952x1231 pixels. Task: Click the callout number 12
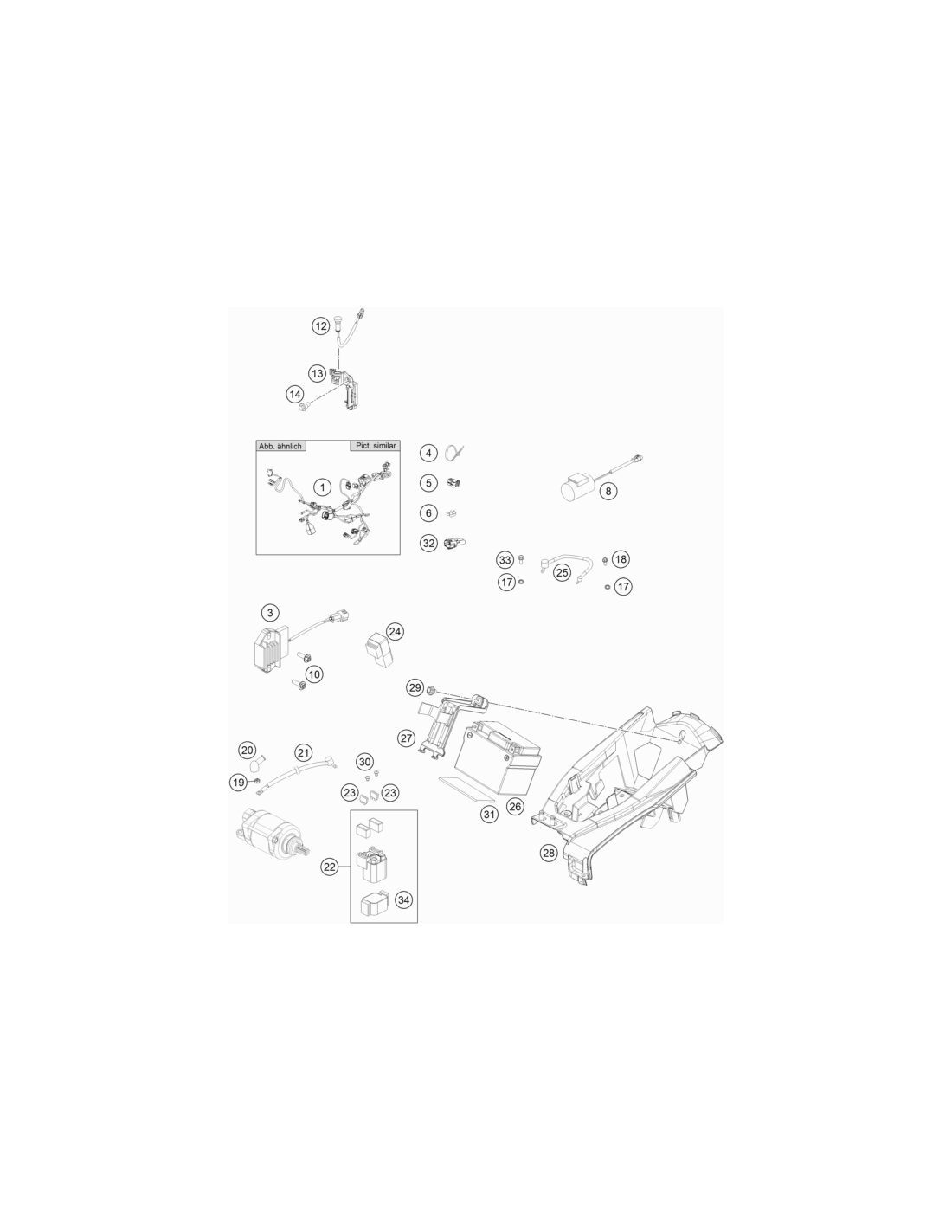click(x=321, y=325)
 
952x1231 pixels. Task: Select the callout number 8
click(x=608, y=491)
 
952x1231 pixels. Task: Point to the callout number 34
click(x=403, y=899)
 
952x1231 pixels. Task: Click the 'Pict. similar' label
click(x=376, y=446)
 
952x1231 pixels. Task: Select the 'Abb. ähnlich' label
click(x=280, y=446)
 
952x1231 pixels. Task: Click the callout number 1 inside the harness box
click(x=322, y=487)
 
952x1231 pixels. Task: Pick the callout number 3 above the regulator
click(x=270, y=612)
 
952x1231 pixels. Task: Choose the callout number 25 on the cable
click(x=562, y=572)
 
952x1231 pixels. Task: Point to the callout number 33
click(x=505, y=560)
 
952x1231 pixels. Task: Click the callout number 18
click(x=621, y=559)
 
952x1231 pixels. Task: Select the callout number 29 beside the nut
click(x=415, y=687)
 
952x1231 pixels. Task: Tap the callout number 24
click(x=395, y=632)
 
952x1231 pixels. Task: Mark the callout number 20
click(x=248, y=751)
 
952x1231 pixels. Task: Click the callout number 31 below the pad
click(x=489, y=815)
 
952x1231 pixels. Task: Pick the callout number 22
click(x=330, y=867)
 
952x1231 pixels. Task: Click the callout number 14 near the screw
click(x=294, y=394)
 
